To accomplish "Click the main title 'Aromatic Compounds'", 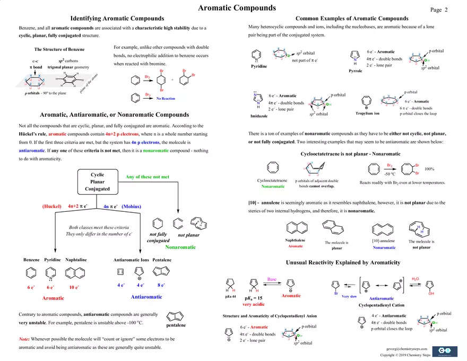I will click(x=237, y=8).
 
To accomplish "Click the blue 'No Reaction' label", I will click(x=166, y=99).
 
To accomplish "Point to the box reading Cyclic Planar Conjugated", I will click(x=97, y=182).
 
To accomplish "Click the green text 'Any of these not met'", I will click(x=147, y=177).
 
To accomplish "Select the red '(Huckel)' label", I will click(x=51, y=206).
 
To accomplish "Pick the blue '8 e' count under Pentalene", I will click(x=160, y=285).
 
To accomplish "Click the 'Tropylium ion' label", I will click(x=367, y=114).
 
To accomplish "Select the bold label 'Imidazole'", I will click(x=258, y=116).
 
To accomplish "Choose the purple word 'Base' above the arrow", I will click(x=272, y=279).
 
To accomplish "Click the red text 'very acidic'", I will click(x=254, y=305).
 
